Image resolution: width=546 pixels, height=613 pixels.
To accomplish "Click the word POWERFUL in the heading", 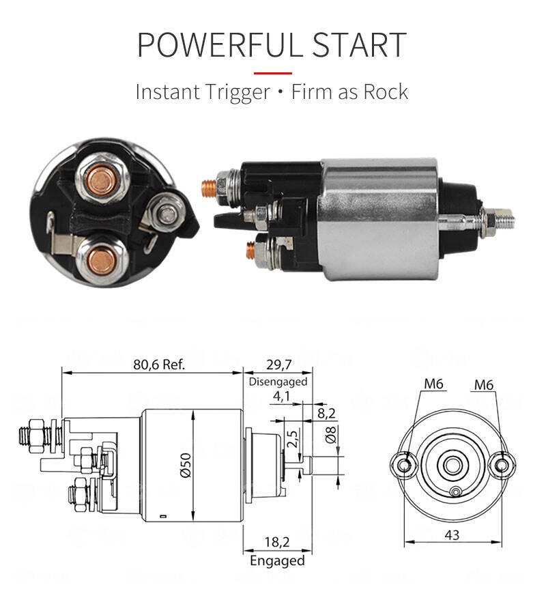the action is pyautogui.click(x=220, y=44).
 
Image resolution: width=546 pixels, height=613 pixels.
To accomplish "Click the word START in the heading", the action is pyautogui.click(x=360, y=44).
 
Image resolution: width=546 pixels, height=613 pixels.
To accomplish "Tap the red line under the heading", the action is pyautogui.click(x=273, y=73).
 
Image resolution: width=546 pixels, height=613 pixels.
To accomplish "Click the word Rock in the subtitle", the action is pyautogui.click(x=386, y=92).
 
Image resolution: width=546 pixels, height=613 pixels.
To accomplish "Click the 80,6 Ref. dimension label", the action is pyautogui.click(x=158, y=365).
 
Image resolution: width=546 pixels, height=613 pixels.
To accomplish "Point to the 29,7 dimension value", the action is pyautogui.click(x=279, y=365).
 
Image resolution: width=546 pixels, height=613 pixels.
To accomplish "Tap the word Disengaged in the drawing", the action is pyautogui.click(x=278, y=382).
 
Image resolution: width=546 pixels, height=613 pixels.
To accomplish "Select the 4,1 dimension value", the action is pyautogui.click(x=281, y=396).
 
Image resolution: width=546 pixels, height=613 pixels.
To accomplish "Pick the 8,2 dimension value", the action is pyautogui.click(x=326, y=413).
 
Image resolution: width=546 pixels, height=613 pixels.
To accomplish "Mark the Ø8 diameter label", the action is pyautogui.click(x=330, y=434).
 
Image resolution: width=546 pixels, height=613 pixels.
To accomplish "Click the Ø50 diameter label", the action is pyautogui.click(x=186, y=466).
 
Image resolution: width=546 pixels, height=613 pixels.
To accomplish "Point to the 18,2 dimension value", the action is pyautogui.click(x=277, y=542).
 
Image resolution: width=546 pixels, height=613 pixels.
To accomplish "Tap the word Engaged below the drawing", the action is pyautogui.click(x=278, y=560).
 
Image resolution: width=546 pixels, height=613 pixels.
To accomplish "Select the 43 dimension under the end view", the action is pyautogui.click(x=452, y=534).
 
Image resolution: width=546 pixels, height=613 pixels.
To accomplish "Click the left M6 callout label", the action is pyautogui.click(x=434, y=384).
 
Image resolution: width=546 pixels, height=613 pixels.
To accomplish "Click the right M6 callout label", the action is pyautogui.click(x=484, y=385).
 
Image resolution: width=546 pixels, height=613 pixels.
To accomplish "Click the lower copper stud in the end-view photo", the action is pyautogui.click(x=101, y=260).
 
